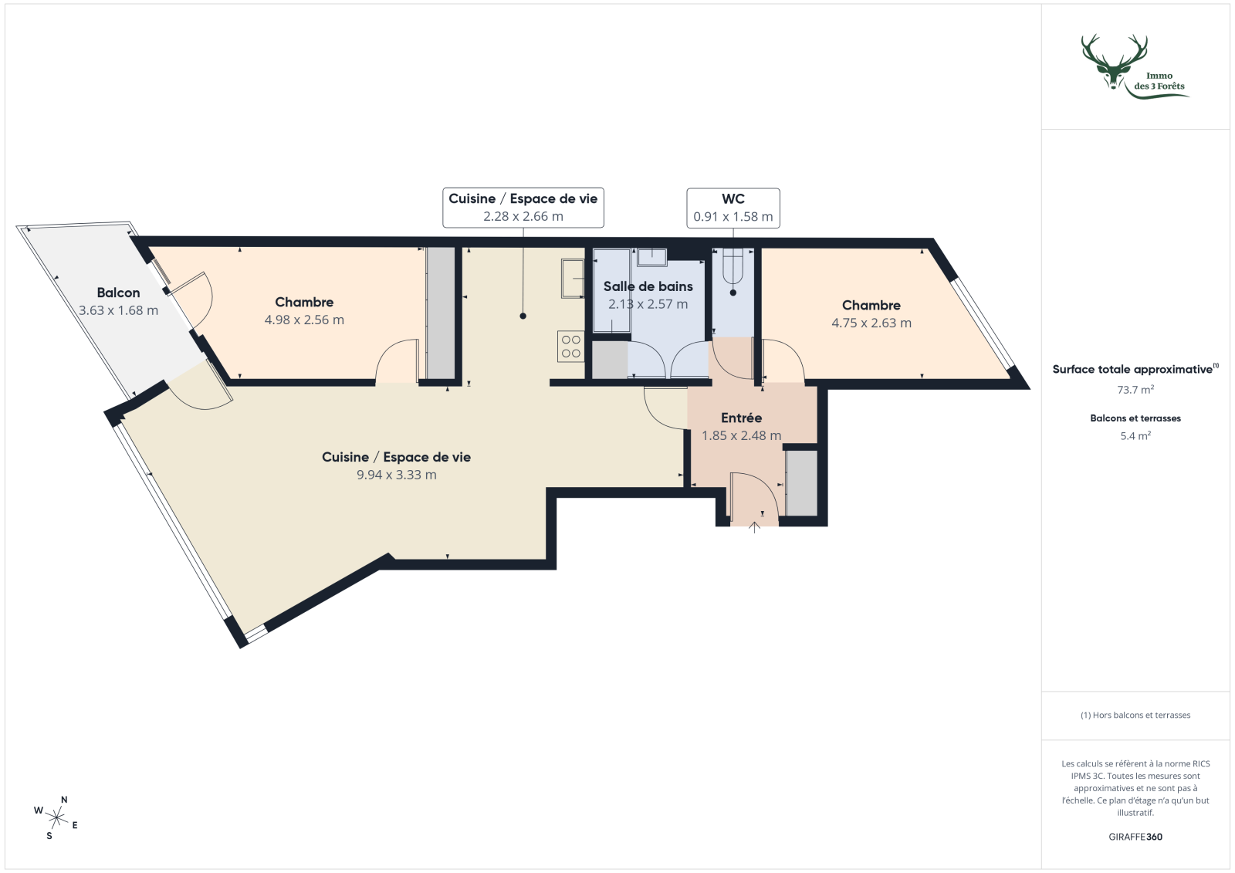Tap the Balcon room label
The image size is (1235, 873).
coord(118,293)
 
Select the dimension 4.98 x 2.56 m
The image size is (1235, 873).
coord(304,320)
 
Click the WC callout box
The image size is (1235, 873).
coord(733,208)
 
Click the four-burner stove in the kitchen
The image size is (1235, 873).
coord(571,346)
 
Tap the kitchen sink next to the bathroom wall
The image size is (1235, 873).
coord(573,279)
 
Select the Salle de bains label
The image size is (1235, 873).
coord(648,286)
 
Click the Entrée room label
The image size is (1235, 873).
coord(741,418)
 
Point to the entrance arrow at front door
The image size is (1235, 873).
coord(754,528)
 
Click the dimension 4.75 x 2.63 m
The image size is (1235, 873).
coord(871,323)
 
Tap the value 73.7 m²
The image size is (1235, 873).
coord(1135,390)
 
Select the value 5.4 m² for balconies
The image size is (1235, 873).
coord(1135,436)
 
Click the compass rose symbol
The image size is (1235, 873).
coord(56,817)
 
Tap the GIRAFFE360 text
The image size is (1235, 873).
coord(1135,837)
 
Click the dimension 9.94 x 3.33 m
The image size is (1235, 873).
coord(396,475)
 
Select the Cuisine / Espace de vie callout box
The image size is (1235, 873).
coord(523,208)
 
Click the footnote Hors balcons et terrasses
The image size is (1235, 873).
coord(1135,716)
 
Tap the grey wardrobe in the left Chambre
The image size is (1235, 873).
coord(441,313)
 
